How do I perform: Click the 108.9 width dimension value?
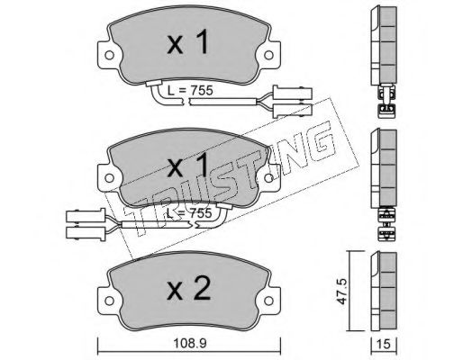[189, 344]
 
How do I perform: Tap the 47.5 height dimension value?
[341, 292]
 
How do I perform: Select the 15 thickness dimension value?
[384, 344]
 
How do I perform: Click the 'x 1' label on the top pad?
[187, 43]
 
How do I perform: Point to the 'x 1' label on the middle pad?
[187, 165]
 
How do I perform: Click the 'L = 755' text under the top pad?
[190, 90]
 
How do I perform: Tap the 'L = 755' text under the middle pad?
[189, 213]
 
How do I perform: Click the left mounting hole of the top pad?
[109, 55]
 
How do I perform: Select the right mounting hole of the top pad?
[268, 55]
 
